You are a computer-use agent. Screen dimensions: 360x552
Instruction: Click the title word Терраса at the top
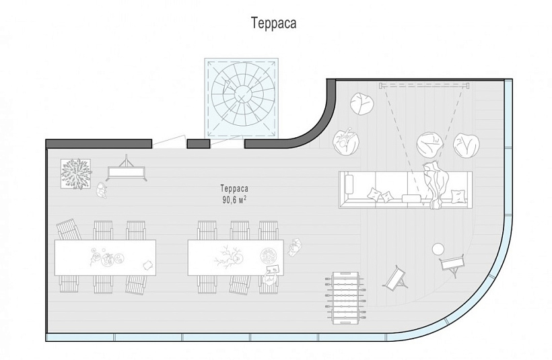click(273, 22)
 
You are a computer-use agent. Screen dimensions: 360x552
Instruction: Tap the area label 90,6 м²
click(233, 200)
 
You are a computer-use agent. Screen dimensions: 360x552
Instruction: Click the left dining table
click(105, 256)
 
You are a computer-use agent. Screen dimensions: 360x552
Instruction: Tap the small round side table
click(438, 248)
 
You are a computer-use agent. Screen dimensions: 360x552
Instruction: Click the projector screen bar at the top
click(424, 85)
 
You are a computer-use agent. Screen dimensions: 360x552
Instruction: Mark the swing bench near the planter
click(126, 169)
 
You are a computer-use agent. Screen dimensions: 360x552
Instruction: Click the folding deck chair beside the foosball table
click(396, 277)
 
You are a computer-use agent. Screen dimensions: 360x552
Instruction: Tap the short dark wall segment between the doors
click(198, 143)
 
